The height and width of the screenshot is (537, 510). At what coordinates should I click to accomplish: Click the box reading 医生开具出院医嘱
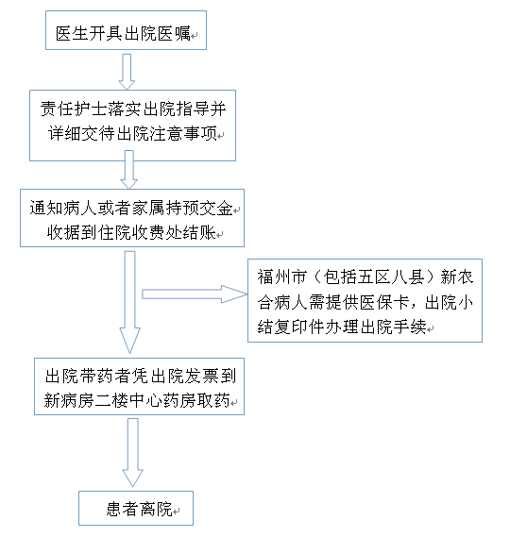point(126,30)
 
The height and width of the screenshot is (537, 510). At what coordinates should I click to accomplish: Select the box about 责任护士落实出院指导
point(132,126)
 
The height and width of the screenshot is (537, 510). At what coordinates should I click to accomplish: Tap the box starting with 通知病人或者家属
point(132,218)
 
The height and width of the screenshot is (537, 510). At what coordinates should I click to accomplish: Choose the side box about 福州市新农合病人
point(365,300)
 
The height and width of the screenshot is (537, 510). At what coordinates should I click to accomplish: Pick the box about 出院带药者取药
point(139,386)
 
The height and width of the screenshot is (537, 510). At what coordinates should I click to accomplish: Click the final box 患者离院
point(136,508)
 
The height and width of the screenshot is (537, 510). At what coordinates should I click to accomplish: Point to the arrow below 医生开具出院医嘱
point(127,72)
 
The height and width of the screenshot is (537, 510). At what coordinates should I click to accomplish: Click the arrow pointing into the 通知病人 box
point(128,170)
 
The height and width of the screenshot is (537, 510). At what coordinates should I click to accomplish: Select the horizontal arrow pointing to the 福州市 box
point(195,294)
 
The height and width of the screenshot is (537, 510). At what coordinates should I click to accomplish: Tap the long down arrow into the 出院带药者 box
point(129,302)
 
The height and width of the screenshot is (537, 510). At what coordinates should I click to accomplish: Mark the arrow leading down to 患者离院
point(132,452)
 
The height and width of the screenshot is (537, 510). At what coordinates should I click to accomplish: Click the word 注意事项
point(183,133)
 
